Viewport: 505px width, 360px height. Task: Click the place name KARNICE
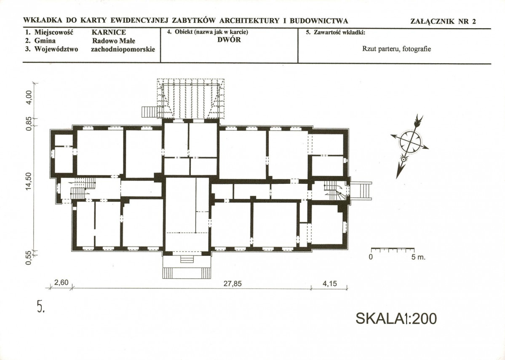[109, 32]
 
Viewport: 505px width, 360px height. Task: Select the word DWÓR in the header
[229, 40]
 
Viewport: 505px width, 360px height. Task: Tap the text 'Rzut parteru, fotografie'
[396, 49]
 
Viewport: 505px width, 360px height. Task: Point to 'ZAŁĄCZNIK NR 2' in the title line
[443, 21]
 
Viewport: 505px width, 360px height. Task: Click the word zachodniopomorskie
[123, 49]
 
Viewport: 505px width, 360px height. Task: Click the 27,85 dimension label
[232, 284]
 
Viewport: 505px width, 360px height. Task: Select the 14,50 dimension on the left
[29, 181]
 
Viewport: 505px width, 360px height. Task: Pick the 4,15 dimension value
[329, 283]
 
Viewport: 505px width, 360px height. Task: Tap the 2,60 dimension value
[61, 283]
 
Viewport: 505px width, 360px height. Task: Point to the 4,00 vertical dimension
[29, 97]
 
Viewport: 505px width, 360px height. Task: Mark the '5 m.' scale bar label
[418, 257]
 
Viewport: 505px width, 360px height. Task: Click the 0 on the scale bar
[371, 257]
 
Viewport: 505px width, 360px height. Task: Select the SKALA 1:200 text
[396, 319]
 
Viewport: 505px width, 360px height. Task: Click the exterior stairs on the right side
[361, 191]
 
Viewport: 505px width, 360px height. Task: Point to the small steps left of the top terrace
[149, 112]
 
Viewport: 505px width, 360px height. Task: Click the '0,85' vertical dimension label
[29, 124]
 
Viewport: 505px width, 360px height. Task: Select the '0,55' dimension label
[29, 258]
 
